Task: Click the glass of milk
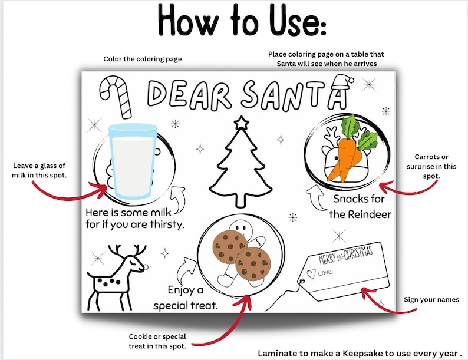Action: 133,160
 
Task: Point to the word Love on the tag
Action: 324,273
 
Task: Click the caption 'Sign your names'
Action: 431,300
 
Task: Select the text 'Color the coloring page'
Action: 143,59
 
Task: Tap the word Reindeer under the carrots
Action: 370,214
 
